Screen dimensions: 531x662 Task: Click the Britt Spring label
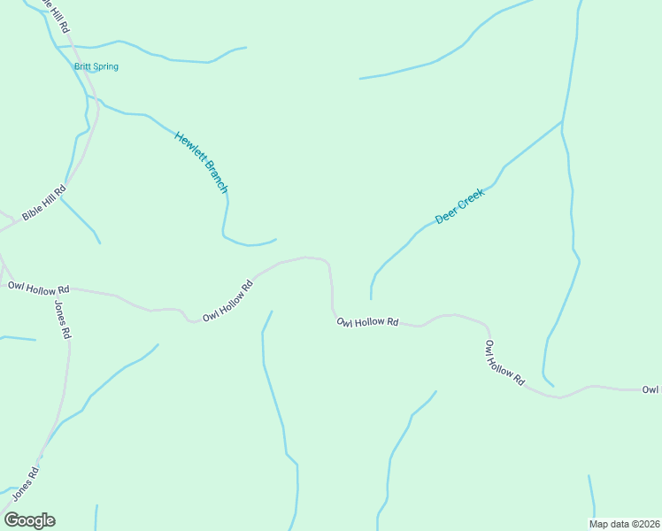click(x=96, y=66)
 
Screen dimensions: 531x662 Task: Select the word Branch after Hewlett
click(x=217, y=177)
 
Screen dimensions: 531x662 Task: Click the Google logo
click(x=29, y=520)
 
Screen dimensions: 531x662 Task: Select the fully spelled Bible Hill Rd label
click(x=44, y=204)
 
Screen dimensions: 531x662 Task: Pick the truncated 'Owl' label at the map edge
click(x=651, y=389)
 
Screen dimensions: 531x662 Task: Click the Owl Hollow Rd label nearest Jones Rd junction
click(x=38, y=288)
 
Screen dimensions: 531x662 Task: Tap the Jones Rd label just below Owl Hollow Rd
click(x=62, y=320)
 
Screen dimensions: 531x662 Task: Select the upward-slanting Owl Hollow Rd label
click(x=227, y=301)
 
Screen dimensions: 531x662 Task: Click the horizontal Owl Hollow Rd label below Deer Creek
click(x=367, y=322)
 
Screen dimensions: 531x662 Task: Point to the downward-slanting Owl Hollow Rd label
click(x=504, y=363)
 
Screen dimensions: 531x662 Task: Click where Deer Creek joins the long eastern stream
click(x=562, y=122)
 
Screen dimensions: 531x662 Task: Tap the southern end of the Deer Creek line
click(x=371, y=298)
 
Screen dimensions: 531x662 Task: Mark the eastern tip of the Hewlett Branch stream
click(x=276, y=239)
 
